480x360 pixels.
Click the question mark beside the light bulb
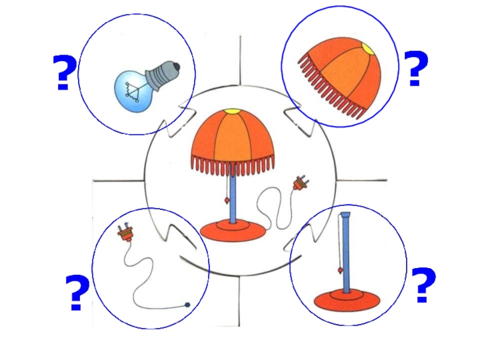[64, 73]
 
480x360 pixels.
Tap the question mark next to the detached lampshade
[416, 68]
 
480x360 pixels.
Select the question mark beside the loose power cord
[77, 293]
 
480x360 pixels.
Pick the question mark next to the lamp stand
[424, 286]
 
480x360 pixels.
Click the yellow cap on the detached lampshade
[368, 49]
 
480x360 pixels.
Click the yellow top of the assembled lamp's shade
[232, 112]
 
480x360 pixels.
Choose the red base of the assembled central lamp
[233, 230]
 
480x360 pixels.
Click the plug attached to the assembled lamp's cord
[299, 183]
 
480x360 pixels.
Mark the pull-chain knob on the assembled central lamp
[227, 200]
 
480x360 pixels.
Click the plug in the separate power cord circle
[125, 233]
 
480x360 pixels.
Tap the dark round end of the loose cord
[187, 305]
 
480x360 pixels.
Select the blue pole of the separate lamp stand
[346, 253]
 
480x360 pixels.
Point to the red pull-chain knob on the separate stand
[340, 271]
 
